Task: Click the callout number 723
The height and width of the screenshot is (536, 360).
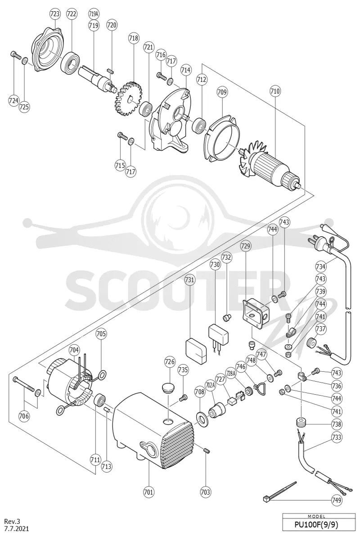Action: point(55,14)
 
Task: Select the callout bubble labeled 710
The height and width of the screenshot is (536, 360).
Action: point(275,91)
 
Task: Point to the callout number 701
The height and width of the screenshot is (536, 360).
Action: point(148,492)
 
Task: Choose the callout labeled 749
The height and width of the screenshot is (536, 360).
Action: point(337,500)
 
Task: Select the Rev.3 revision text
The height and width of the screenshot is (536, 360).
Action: point(12,521)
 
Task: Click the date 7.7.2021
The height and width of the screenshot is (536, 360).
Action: point(16,528)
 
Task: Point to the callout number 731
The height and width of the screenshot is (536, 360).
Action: point(189,279)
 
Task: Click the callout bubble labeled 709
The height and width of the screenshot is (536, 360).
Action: point(222,92)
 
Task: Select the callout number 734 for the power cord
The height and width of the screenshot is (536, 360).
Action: point(320,266)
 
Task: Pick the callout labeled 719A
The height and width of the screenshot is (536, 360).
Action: point(93,14)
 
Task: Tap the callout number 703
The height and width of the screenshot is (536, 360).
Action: point(206,492)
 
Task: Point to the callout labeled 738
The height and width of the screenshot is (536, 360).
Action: point(337,424)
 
